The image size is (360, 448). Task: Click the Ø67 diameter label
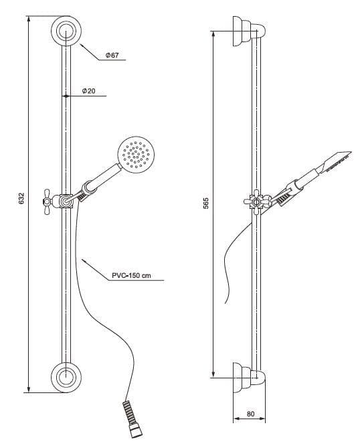[x=112, y=55]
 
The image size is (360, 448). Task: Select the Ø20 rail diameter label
[x=89, y=91]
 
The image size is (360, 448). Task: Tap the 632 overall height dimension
[x=21, y=199]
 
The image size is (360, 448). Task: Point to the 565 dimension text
[x=206, y=203]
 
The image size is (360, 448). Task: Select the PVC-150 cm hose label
[x=131, y=276]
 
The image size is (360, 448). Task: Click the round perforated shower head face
[x=136, y=155]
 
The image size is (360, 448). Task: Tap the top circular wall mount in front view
[x=66, y=31]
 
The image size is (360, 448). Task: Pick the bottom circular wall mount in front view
[x=66, y=378]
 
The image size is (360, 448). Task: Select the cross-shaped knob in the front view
[x=47, y=202]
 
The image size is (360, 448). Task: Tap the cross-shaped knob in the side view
[x=256, y=202]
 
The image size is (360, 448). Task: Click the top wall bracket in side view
[x=249, y=31]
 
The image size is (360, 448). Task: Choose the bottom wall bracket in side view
[x=249, y=378]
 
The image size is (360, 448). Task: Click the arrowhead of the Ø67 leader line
[x=82, y=45]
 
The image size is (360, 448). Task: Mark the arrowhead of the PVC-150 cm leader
[x=84, y=260]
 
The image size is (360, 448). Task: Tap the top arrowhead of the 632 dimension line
[x=28, y=19]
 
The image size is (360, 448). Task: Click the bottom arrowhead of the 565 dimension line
[x=213, y=374]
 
